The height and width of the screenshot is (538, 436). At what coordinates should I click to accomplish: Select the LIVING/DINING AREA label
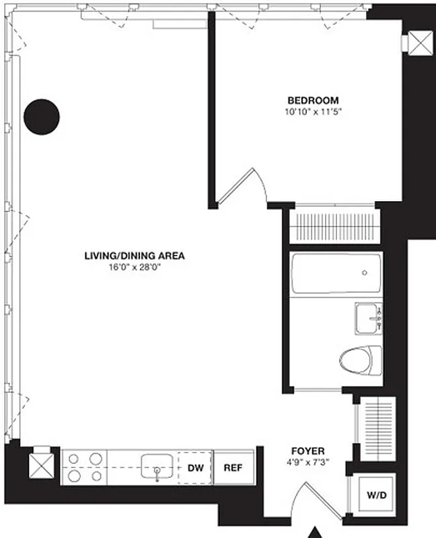[134, 256]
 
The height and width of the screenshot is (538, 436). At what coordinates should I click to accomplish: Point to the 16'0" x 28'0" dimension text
[134, 266]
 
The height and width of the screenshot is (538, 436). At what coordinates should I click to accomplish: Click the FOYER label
[308, 451]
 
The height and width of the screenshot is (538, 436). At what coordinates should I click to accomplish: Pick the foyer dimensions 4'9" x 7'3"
[308, 461]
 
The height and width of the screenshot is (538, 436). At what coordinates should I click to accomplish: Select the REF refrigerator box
[233, 467]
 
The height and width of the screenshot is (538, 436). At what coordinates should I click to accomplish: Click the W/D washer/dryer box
[376, 496]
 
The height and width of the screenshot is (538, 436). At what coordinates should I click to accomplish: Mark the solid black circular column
[42, 116]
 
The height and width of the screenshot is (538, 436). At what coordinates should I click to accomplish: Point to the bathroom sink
[368, 317]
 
